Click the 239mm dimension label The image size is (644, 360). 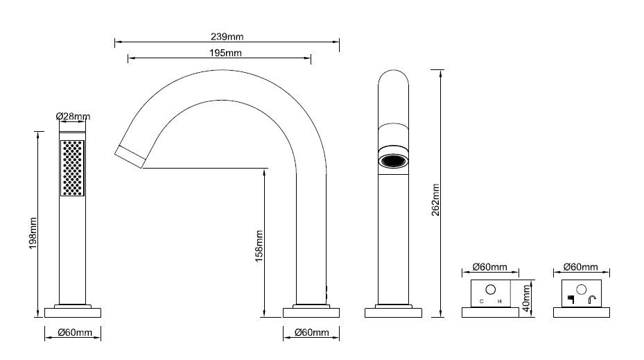point(227,37)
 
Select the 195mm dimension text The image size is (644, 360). point(225,53)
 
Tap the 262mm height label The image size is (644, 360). point(435,200)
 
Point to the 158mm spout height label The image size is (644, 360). point(259,246)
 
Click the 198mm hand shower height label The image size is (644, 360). point(33,233)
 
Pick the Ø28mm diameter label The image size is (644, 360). point(73,117)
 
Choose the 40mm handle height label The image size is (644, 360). point(527,298)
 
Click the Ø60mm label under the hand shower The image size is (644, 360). point(75,332)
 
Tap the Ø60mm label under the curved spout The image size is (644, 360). point(312,332)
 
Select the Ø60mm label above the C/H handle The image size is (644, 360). point(489,267)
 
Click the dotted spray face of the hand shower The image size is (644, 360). point(72,168)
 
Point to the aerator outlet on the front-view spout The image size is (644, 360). point(394,160)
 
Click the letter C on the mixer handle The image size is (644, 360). point(481,302)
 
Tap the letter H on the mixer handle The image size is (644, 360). point(499,302)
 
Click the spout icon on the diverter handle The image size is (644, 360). point(592,300)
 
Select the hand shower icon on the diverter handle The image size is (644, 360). point(571,299)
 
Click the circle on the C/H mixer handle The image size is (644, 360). point(490,290)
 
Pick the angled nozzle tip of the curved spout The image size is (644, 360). point(130,157)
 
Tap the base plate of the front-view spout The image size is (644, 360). point(393,313)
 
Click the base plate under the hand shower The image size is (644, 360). point(73,313)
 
